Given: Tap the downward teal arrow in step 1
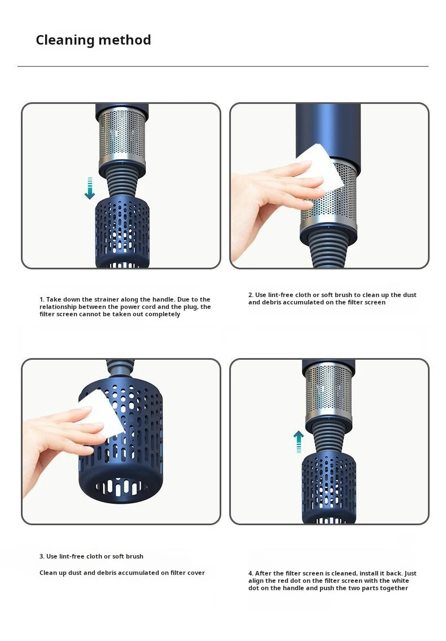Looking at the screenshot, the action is [90, 188].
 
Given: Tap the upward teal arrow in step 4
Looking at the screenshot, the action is [299, 442].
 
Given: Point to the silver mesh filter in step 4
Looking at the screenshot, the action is [329, 391].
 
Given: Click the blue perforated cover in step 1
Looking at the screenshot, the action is [123, 232].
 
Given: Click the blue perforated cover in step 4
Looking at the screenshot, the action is [329, 487].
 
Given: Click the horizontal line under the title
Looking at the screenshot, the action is [223, 66].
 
